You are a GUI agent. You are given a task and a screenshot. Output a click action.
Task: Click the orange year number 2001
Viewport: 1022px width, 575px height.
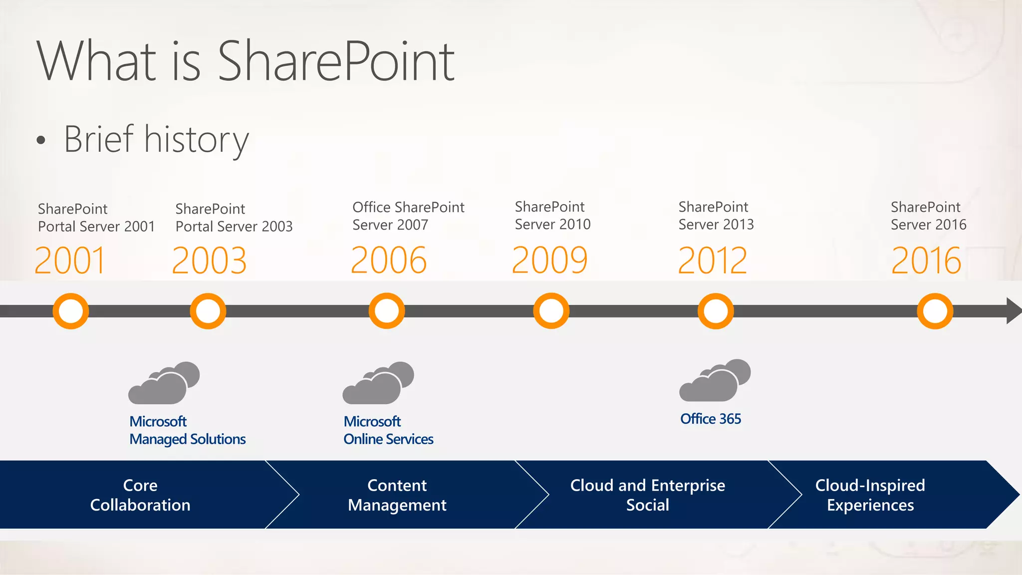[x=70, y=261]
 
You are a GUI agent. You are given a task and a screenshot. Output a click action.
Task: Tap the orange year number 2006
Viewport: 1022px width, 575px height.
[x=389, y=261]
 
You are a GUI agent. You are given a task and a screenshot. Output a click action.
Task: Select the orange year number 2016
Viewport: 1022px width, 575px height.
[x=926, y=261]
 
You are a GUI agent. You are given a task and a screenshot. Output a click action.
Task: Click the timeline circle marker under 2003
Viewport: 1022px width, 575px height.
[x=208, y=311]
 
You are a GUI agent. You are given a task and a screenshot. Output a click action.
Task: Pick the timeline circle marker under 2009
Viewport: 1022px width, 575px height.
[x=551, y=311]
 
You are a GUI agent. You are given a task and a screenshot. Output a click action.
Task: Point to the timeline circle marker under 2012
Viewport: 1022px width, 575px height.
[x=716, y=311]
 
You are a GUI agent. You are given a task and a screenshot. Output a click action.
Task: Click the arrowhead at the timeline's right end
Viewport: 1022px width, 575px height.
[x=1013, y=311]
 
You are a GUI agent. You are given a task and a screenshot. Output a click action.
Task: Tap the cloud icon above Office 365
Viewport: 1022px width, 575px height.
[x=715, y=381]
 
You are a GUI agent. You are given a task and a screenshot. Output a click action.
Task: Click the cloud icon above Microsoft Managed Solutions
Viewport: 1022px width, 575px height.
[x=164, y=383]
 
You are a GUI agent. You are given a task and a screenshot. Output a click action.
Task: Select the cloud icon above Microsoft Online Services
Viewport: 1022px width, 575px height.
[x=378, y=383]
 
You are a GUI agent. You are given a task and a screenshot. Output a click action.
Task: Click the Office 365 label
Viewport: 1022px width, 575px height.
[x=711, y=419]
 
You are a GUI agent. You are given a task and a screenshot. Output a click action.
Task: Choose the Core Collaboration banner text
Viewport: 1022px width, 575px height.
[x=140, y=495]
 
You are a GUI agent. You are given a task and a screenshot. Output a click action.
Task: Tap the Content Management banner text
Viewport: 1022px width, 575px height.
[x=397, y=495]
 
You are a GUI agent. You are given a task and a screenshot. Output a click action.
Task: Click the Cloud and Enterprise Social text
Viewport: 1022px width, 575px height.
[x=648, y=495]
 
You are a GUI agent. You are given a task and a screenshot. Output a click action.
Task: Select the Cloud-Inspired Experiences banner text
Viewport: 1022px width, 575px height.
[x=870, y=495]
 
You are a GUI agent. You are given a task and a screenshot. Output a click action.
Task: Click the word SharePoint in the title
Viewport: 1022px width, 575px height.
[x=336, y=61]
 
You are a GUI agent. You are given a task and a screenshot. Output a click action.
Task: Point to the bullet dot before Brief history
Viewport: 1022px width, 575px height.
[x=41, y=141]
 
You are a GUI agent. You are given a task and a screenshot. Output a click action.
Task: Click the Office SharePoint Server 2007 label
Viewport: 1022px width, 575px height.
[x=408, y=216]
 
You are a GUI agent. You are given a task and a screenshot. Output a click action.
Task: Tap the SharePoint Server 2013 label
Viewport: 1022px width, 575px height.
[x=716, y=216]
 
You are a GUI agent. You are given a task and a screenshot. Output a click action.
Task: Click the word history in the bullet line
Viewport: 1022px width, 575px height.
[x=196, y=140]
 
